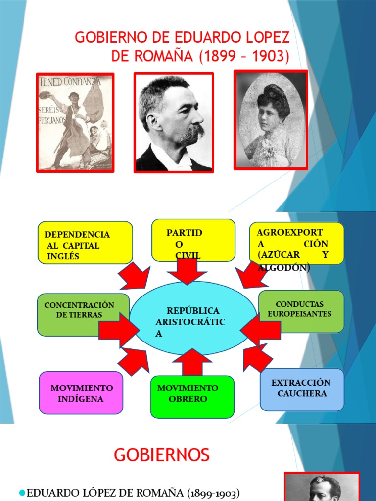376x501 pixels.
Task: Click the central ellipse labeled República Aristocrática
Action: [x=193, y=318]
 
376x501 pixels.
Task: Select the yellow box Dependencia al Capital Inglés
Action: [x=85, y=243]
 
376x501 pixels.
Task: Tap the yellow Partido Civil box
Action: [x=193, y=240]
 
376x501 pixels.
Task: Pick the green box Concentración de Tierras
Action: [x=83, y=315]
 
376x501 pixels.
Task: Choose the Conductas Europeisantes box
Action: [x=301, y=311]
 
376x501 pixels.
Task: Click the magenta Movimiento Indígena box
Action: [x=81, y=393]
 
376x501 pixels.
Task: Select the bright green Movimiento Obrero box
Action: [x=192, y=397]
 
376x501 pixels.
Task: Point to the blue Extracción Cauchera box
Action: [x=302, y=389]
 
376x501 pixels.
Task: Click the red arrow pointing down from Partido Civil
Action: [x=188, y=272]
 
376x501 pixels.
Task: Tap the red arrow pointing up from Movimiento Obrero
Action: [x=192, y=362]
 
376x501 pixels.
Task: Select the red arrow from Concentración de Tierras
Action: [x=119, y=330]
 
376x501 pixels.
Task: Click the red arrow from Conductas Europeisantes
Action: [x=260, y=330]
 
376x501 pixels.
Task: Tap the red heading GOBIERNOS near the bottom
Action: [x=162, y=455]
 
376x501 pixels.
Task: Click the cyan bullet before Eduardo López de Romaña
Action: [x=22, y=493]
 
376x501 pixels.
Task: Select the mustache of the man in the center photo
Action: [x=193, y=133]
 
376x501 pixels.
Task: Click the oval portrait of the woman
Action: [x=270, y=121]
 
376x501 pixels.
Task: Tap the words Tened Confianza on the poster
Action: [x=70, y=82]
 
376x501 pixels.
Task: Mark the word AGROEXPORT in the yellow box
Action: [x=290, y=232]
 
